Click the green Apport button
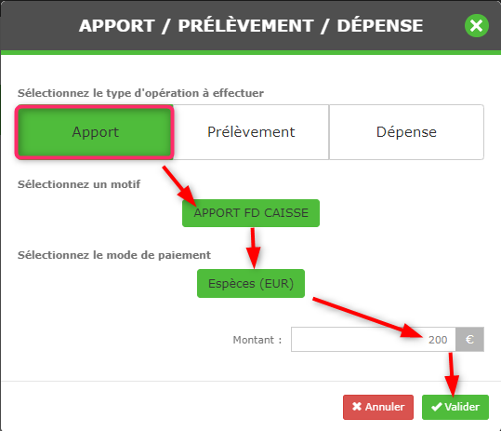point(95,132)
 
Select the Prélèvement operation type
point(251,132)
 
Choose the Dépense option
point(406,132)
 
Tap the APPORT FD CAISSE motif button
point(251,213)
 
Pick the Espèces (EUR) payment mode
point(251,284)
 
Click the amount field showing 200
point(374,339)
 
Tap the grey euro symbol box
point(469,339)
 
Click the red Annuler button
point(378,407)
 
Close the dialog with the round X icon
point(477,25)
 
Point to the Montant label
point(257,340)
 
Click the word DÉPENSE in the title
point(380,25)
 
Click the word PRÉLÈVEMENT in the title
point(245,25)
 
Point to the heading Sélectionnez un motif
point(79,184)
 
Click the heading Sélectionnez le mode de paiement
point(114,255)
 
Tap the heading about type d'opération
point(140,93)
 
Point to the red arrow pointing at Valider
point(452,374)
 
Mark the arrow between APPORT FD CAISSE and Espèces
point(254,248)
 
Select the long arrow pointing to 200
point(368,317)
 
